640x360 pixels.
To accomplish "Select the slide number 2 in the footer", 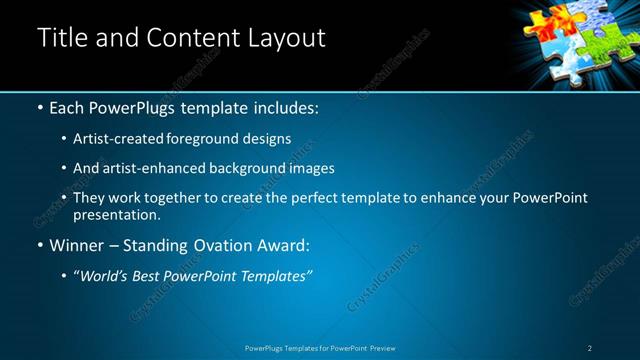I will coord(590,348).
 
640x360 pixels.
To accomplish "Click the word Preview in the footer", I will coord(382,348).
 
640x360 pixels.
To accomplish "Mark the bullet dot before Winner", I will coord(39,245).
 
